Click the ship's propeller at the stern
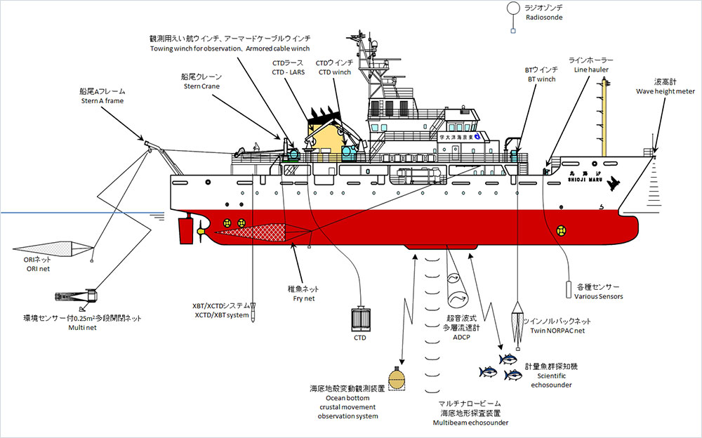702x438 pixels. click(x=201, y=228)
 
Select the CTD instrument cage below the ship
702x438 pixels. click(x=360, y=319)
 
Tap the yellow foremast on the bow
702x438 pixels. click(x=604, y=116)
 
